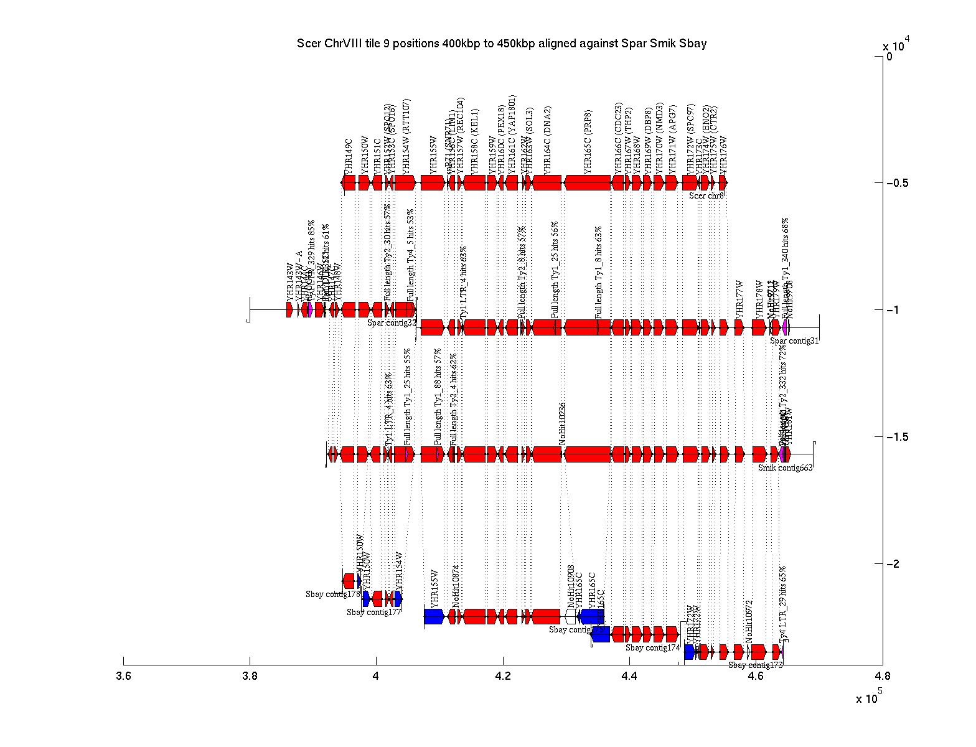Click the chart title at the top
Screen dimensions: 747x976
click(x=502, y=44)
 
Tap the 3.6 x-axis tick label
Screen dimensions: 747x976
click(x=123, y=677)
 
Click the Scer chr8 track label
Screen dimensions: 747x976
click(x=706, y=195)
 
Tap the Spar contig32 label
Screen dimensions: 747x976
click(x=392, y=322)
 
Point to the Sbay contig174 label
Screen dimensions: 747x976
click(x=652, y=648)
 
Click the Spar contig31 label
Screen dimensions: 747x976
click(x=794, y=341)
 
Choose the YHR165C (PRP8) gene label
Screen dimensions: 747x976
click(x=588, y=142)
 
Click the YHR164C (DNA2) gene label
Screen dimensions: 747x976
click(x=547, y=142)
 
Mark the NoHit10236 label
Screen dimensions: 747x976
click(x=562, y=423)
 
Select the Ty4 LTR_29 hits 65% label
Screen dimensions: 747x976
click(x=783, y=604)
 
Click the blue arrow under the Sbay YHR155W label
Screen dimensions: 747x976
click(x=434, y=616)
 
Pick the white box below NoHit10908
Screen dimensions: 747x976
click(x=571, y=616)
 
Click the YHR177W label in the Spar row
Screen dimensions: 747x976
click(x=739, y=299)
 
